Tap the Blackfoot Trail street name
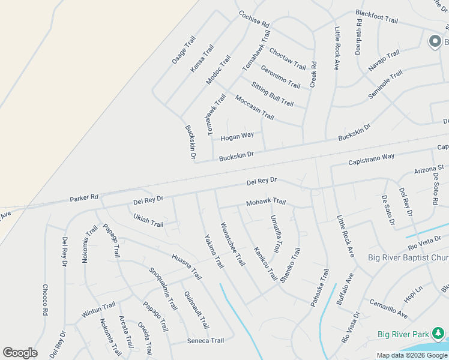point(376,16)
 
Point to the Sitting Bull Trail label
point(272,94)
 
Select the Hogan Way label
point(237,137)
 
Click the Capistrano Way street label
point(371,160)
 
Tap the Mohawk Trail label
point(266,202)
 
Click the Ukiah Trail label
point(148,220)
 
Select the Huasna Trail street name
point(186,266)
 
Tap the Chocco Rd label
point(44,299)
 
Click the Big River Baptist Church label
point(408,259)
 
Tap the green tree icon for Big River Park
point(439,333)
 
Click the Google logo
point(20,353)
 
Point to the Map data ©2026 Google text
point(412,355)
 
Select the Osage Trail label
point(184,50)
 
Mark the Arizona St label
point(429,170)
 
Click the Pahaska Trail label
point(320,288)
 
